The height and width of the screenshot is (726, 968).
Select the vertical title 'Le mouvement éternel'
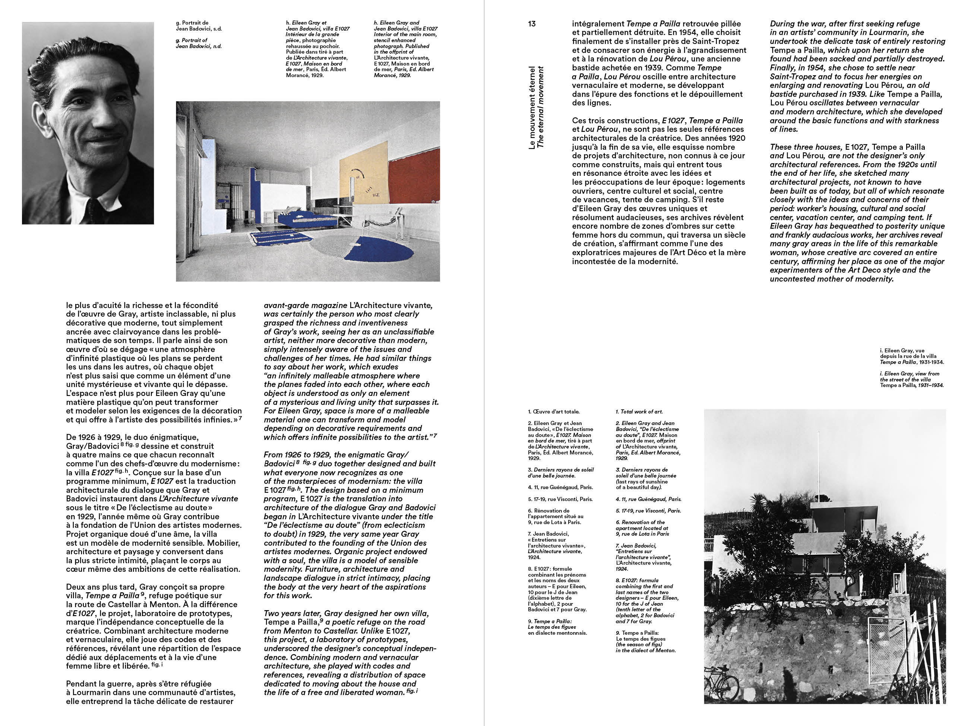click(x=532, y=108)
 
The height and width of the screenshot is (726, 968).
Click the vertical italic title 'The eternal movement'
click(x=541, y=108)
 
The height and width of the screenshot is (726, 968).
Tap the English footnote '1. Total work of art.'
click(x=639, y=411)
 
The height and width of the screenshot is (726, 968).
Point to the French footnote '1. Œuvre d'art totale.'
click(x=554, y=411)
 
